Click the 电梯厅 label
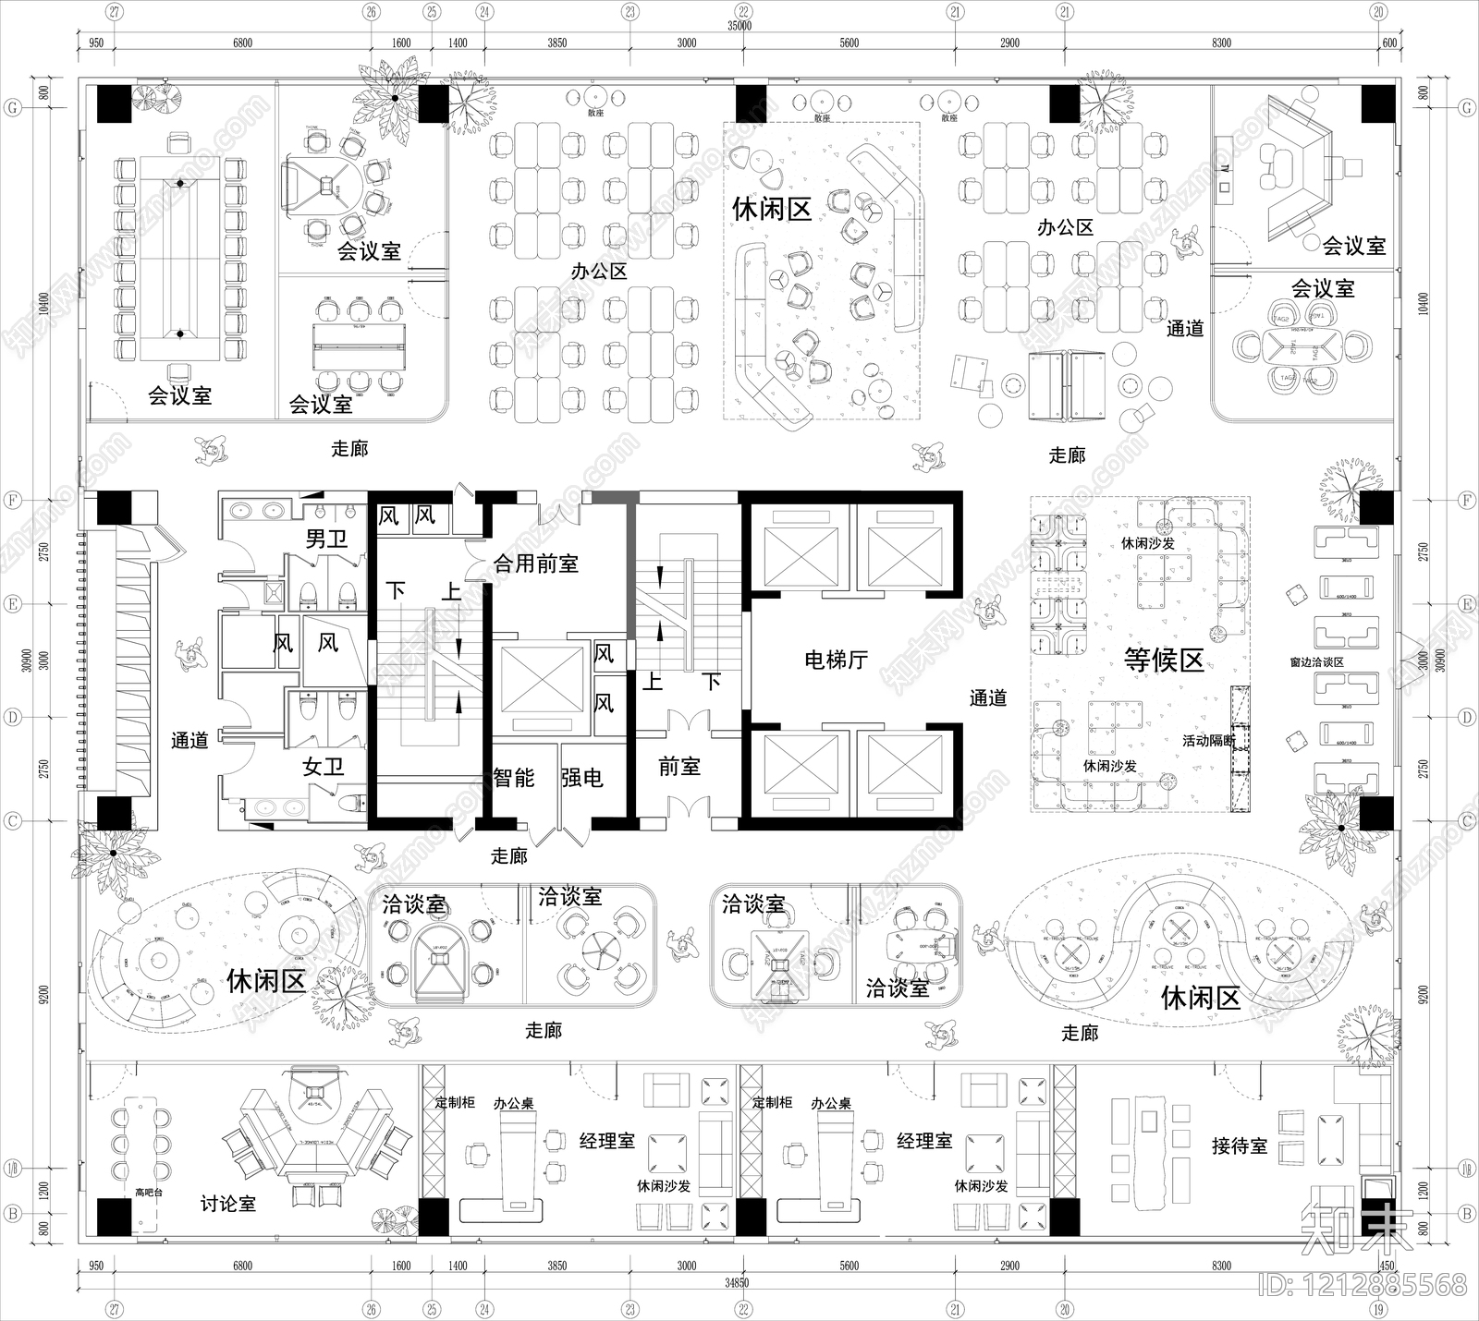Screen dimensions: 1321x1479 point(836,660)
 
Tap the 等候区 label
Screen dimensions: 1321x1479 point(1164,660)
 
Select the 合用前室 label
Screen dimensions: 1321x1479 point(536,563)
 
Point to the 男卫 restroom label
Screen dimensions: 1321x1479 point(326,539)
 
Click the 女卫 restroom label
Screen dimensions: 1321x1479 point(324,766)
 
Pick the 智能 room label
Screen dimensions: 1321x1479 point(514,778)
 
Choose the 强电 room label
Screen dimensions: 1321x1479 point(581,778)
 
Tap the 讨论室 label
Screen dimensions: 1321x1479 point(228,1204)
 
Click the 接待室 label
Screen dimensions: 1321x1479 point(1240,1146)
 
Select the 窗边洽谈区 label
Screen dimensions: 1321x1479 point(1316,662)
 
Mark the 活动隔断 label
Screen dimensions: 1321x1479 point(1208,741)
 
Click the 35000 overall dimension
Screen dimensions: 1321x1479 point(739,26)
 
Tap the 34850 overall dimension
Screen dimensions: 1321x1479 point(737,1282)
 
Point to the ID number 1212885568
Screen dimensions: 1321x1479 point(1363,1285)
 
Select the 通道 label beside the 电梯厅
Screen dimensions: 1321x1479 point(988,698)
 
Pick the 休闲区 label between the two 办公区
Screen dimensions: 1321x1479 point(772,209)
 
